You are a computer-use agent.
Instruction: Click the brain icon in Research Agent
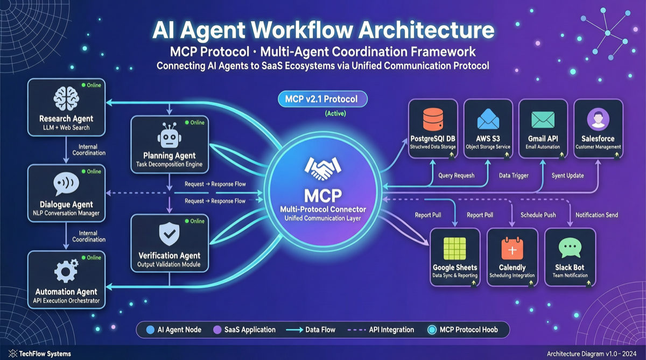[x=66, y=100]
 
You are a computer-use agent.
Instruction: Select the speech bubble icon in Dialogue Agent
[x=66, y=185]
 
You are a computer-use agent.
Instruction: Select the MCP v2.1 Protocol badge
[x=322, y=99]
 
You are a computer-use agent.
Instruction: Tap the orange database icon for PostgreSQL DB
[x=433, y=119]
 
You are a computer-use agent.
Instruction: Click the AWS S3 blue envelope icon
[x=488, y=119]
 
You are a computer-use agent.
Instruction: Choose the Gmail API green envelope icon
[x=543, y=119]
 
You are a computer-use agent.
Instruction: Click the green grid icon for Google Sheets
[x=455, y=248]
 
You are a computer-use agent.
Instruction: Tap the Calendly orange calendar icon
[x=512, y=249]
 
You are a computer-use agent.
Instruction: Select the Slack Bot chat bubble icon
[x=570, y=248]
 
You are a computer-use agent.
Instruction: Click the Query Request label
[x=457, y=175]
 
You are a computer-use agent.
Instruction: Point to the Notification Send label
[x=596, y=215]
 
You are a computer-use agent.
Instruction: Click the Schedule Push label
[x=538, y=215]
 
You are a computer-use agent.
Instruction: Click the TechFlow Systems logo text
[x=45, y=354]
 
